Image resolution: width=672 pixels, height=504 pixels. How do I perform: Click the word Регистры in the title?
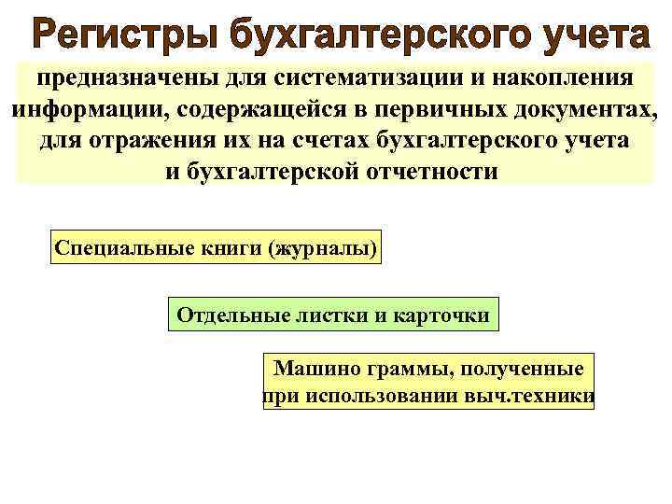pos(120,36)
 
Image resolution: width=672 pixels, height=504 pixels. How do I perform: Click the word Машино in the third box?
pos(311,368)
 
